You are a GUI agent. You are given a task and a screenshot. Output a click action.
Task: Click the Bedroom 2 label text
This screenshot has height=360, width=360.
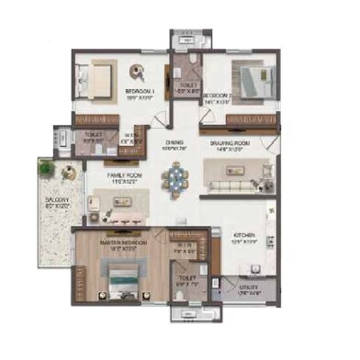[x=218, y=95]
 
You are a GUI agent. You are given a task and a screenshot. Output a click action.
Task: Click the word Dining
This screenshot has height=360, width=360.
[x=174, y=141]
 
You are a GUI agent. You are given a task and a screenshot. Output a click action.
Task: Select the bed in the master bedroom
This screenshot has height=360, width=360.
[x=120, y=275]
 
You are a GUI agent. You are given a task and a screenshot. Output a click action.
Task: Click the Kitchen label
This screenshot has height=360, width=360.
[x=242, y=237]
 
